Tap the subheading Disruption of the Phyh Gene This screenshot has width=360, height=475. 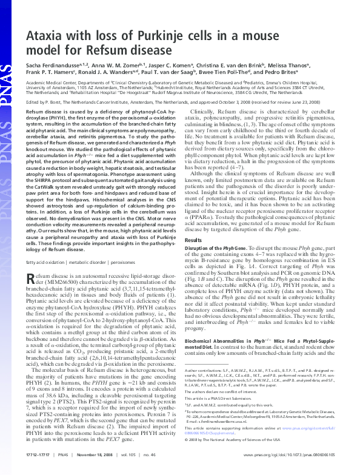pos(221,250)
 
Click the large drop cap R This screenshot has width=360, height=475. pos(32,278)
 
